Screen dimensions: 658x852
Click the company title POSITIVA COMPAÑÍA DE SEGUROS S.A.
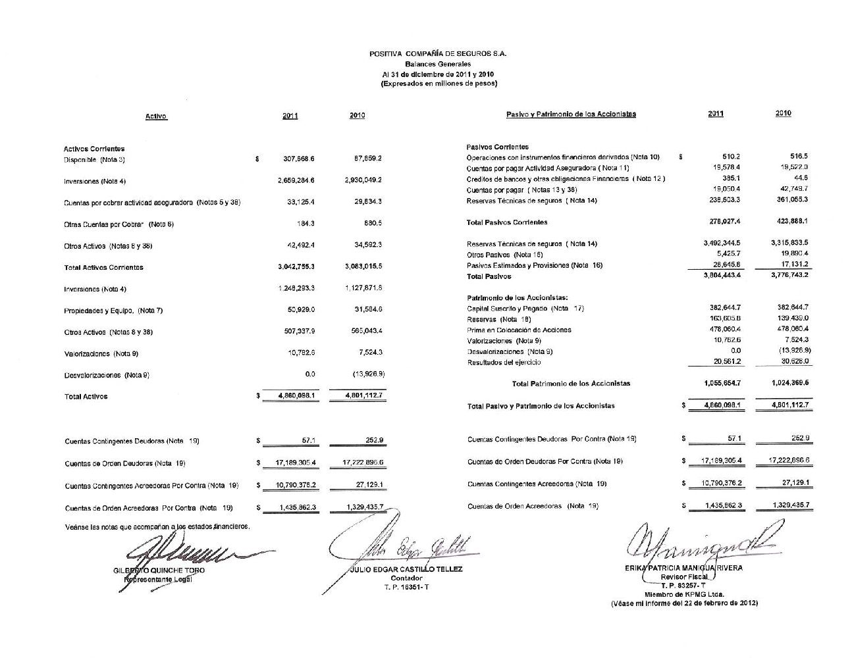pyautogui.click(x=437, y=54)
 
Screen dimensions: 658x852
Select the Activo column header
pyautogui.click(x=156, y=116)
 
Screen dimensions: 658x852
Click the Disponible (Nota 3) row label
pyautogui.click(x=94, y=160)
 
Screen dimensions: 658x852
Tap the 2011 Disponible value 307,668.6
pyautogui.click(x=298, y=159)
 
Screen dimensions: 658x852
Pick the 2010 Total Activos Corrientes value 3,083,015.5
pyautogui.click(x=363, y=266)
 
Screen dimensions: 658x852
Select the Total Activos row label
pyautogui.click(x=86, y=396)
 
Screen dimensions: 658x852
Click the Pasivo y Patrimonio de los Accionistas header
pyautogui.click(x=571, y=114)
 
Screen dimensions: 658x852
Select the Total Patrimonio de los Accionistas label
pyautogui.click(x=571, y=383)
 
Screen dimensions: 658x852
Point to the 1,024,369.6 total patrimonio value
pyautogui.click(x=789, y=382)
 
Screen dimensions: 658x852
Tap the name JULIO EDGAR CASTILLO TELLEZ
pyautogui.click(x=406, y=569)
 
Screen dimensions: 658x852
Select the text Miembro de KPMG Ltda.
pyautogui.click(x=684, y=594)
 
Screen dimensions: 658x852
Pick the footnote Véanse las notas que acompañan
pyautogui.click(x=157, y=526)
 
